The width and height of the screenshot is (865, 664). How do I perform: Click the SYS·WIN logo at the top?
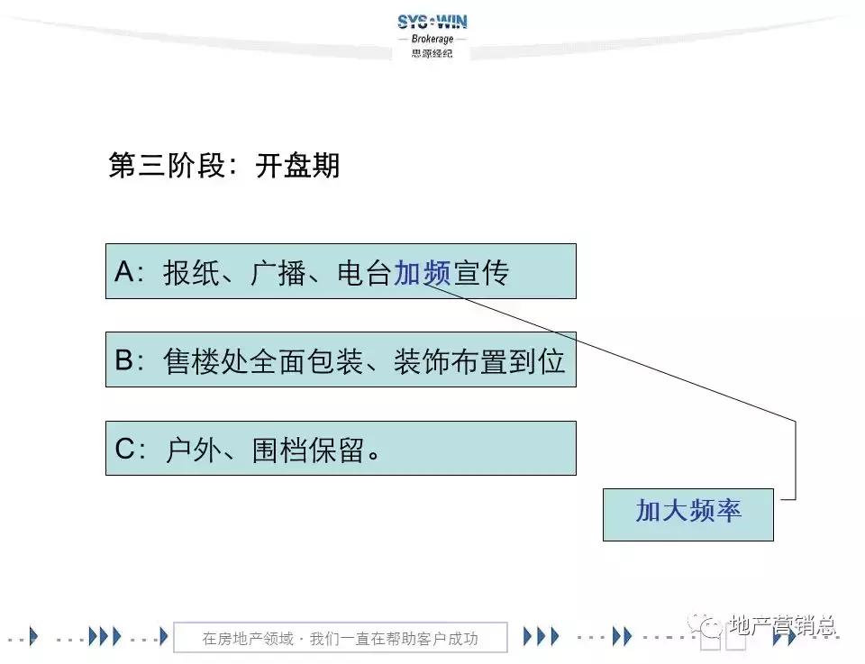pyautogui.click(x=432, y=22)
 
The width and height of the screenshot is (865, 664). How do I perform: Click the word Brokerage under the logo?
pyautogui.click(x=432, y=40)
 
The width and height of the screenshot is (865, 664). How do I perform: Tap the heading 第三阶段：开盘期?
pyautogui.click(x=223, y=167)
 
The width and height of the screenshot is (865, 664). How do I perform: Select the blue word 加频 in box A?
pyautogui.click(x=422, y=272)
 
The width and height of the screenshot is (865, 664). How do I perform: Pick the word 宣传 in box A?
pyautogui.click(x=479, y=272)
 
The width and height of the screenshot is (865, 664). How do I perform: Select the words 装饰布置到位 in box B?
pyautogui.click(x=479, y=360)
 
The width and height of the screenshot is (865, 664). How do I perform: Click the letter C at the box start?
pyautogui.click(x=124, y=449)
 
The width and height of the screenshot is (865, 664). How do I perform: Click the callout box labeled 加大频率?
pyautogui.click(x=687, y=514)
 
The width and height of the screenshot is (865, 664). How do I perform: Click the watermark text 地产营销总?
pyautogui.click(x=781, y=624)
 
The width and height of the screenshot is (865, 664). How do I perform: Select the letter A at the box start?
pyautogui.click(x=123, y=272)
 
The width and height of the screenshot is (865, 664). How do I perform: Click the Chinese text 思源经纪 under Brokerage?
pyautogui.click(x=432, y=53)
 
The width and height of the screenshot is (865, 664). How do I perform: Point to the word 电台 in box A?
pyautogui.click(x=364, y=272)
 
